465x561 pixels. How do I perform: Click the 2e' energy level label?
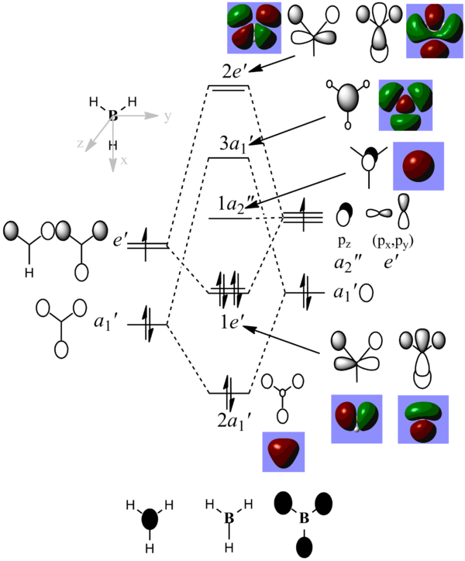pos(234,72)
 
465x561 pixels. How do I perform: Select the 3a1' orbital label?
pos(236,144)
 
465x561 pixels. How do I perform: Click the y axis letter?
pos(167,117)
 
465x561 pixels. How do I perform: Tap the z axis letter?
pos(80,144)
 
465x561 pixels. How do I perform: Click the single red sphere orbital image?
pos(418,166)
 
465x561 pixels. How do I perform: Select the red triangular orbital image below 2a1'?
pos(284,452)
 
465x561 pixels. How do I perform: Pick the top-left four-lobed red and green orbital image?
pos(254,27)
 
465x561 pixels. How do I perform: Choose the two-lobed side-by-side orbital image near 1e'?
pos(356,418)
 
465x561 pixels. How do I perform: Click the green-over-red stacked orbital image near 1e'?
pos(423,418)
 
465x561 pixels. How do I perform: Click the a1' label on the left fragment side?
pos(106,320)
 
